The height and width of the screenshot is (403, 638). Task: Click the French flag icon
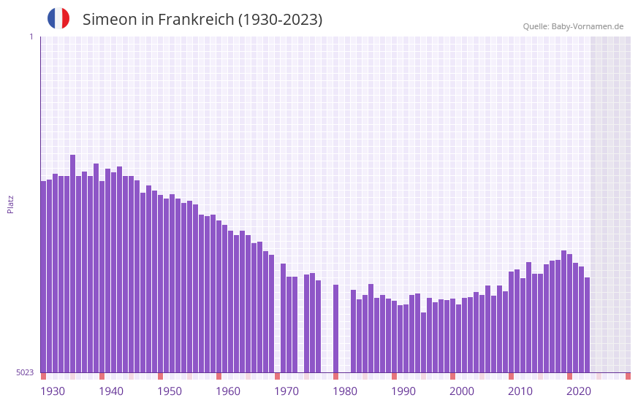click(58, 18)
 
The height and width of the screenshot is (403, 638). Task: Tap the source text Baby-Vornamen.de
click(587, 26)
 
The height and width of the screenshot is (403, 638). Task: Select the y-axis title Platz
click(10, 204)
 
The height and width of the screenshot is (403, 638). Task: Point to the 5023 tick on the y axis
click(25, 372)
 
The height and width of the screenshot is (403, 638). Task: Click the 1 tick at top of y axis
click(31, 37)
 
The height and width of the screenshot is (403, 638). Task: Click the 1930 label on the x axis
click(53, 391)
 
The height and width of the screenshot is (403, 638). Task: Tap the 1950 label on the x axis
click(170, 391)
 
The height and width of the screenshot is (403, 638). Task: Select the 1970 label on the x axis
click(286, 391)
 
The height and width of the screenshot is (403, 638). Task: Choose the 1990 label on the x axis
click(403, 391)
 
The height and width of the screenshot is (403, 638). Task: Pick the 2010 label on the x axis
click(520, 391)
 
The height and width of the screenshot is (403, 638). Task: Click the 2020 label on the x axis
click(579, 391)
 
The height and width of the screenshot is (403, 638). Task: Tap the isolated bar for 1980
click(335, 329)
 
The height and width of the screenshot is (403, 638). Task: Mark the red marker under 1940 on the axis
click(102, 376)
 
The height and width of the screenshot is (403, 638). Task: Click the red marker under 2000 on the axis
click(452, 376)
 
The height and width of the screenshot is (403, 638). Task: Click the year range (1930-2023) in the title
click(281, 20)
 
